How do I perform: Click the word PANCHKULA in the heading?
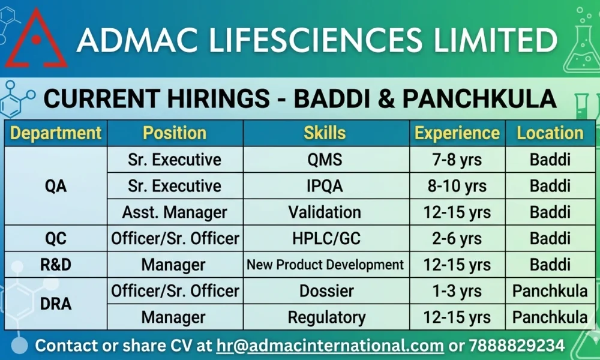[x=480, y=98]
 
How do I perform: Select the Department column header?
[x=56, y=133]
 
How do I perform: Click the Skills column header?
[x=325, y=133]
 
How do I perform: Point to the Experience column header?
[x=457, y=133]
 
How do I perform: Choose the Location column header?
[x=550, y=133]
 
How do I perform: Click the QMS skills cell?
[x=325, y=160]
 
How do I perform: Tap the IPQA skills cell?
[x=325, y=186]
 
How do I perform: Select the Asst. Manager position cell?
[x=175, y=212]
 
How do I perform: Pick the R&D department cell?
[x=56, y=265]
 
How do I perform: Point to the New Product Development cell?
[x=325, y=265]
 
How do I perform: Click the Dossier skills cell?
[x=326, y=291]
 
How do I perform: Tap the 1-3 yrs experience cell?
[x=457, y=291]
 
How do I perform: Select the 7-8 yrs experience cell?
[x=457, y=160]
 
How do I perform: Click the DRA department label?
[x=56, y=304]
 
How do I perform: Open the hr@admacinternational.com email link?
[x=330, y=346]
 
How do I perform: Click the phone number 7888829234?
[x=517, y=346]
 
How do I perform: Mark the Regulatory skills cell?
[x=326, y=317]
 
